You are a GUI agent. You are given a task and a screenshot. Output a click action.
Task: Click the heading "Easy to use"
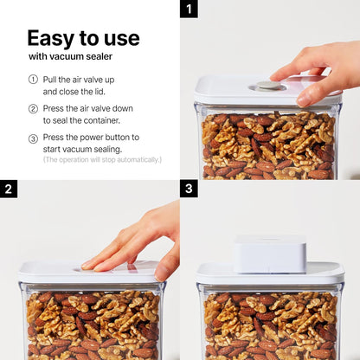[83, 38]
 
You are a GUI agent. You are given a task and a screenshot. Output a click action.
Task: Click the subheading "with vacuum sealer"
[70, 57]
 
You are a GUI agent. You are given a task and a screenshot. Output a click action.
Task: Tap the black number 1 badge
[189, 9]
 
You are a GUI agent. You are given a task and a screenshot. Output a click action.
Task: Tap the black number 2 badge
[9, 189]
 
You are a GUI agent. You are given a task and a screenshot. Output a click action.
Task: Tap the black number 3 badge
[189, 189]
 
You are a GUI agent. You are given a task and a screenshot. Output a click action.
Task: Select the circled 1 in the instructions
[33, 79]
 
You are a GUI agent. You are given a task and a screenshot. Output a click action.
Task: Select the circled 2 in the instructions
[33, 109]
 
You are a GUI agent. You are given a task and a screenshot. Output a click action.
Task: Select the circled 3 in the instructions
[33, 138]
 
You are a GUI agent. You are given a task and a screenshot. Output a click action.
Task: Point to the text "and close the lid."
[75, 91]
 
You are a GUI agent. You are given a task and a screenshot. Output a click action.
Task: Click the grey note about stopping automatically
[102, 160]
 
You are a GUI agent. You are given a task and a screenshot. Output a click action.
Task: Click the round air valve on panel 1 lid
[268, 85]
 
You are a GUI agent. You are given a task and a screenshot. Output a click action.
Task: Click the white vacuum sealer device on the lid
[269, 254]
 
